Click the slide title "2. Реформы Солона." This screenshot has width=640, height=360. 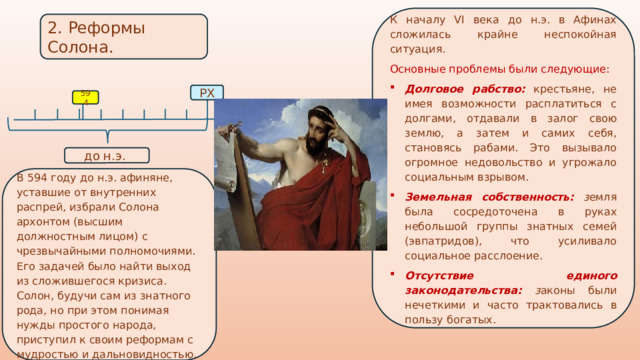95,37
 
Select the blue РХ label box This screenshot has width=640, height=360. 206,93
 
